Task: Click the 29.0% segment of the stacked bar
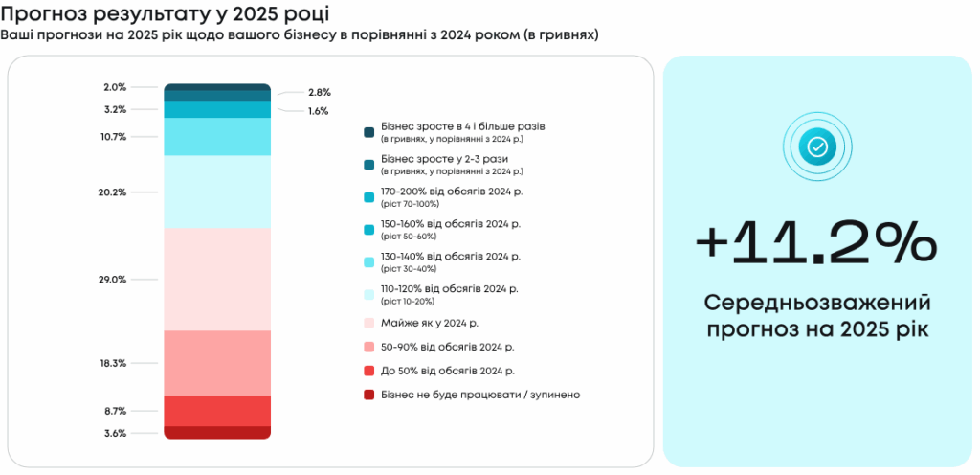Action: point(217,279)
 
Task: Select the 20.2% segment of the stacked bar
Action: point(217,192)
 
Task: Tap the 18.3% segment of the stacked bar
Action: point(217,363)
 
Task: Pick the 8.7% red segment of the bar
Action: point(217,411)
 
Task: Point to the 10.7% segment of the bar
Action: point(217,136)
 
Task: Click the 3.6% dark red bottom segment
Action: point(217,433)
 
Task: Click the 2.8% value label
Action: point(320,92)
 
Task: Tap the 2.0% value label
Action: point(115,87)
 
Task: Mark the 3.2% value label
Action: point(115,109)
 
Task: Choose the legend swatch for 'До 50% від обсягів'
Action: point(368,371)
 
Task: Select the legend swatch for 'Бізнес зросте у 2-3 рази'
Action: point(368,165)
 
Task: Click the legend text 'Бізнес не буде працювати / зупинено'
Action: point(480,394)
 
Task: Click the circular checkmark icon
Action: point(816,147)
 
